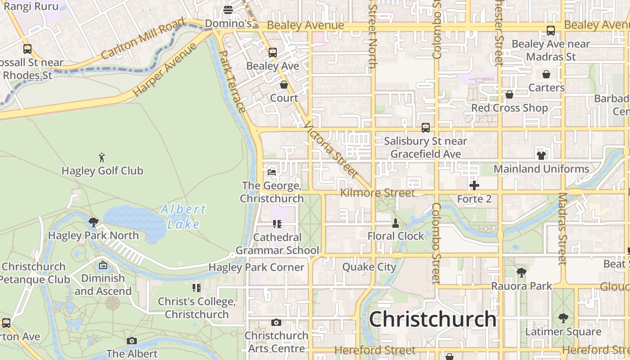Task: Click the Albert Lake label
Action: (x=184, y=216)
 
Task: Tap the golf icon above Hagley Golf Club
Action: (x=102, y=157)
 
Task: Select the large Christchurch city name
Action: (x=432, y=319)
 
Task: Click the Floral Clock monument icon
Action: (x=396, y=223)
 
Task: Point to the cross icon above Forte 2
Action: (x=474, y=185)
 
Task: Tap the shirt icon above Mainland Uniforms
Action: (x=541, y=156)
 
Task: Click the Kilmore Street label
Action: (x=377, y=193)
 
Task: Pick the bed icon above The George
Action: (x=271, y=172)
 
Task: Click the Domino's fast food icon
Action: (x=228, y=10)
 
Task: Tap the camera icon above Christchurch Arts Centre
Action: (x=276, y=322)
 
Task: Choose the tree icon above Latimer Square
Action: (x=563, y=318)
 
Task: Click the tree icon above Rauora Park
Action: (x=521, y=272)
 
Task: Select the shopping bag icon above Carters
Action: (x=546, y=74)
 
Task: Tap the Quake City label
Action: (x=369, y=267)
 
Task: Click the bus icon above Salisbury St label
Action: (x=425, y=128)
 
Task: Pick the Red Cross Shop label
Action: (x=509, y=108)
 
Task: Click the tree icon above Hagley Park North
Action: (x=94, y=222)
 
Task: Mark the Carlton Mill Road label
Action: (x=143, y=38)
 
